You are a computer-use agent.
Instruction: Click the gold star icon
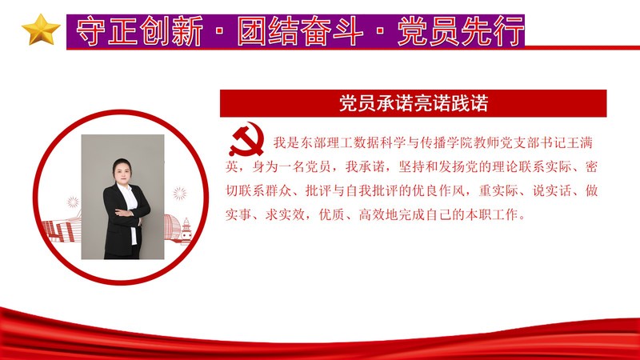[41, 30]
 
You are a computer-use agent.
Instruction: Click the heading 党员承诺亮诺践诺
[414, 103]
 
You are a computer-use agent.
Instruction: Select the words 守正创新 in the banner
[139, 31]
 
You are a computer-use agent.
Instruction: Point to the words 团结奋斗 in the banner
[301, 31]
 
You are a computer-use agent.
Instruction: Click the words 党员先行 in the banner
[461, 31]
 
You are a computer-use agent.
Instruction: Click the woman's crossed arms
[128, 213]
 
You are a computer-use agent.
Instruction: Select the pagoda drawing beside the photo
[186, 230]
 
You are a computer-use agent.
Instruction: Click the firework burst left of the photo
[73, 202]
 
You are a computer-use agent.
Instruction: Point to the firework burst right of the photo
[179, 194]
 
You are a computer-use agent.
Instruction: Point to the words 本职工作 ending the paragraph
[491, 214]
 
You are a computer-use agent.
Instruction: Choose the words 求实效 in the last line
[285, 214]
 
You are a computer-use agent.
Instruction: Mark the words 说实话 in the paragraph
[552, 190]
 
